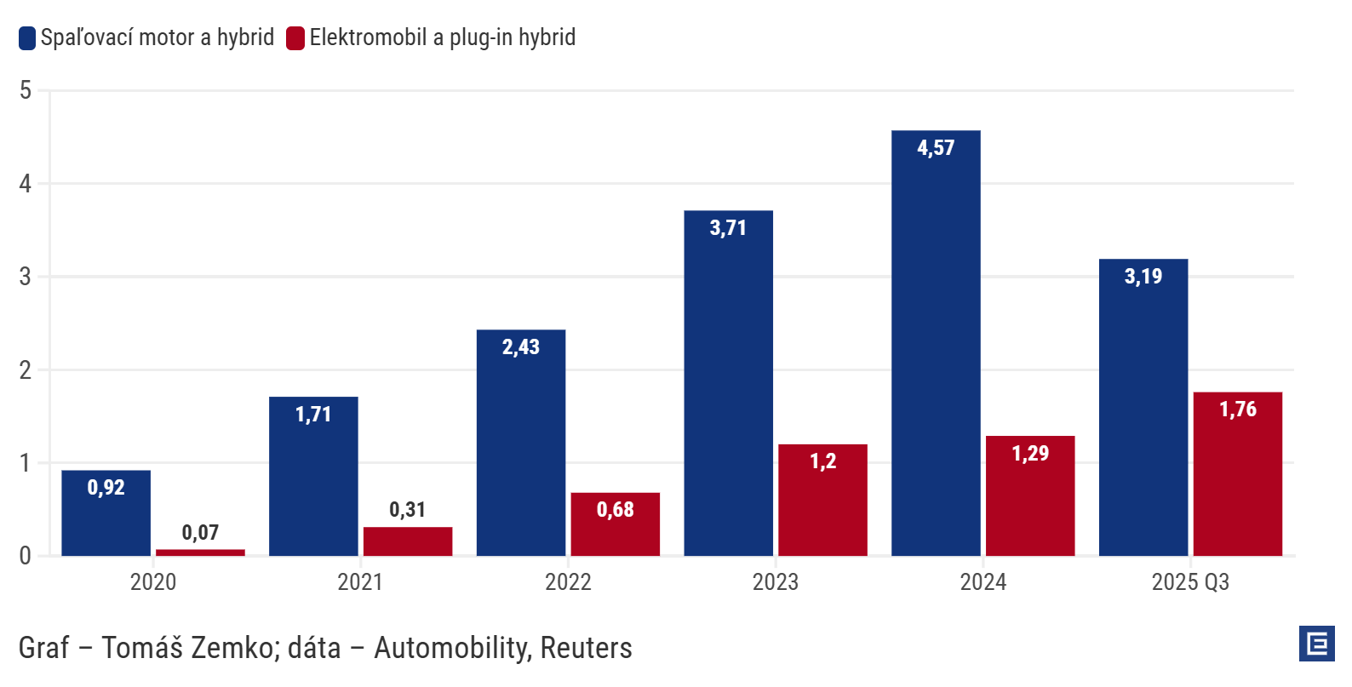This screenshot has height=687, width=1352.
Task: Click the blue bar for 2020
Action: [x=106, y=519]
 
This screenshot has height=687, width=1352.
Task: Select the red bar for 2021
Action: [x=408, y=541]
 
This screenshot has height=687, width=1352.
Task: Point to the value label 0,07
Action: [x=200, y=533]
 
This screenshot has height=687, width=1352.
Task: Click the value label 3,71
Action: [x=728, y=228]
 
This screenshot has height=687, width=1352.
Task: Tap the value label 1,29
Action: [x=1030, y=454]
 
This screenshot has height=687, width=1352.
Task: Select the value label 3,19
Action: [x=1143, y=277]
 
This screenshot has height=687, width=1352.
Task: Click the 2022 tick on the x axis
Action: [x=568, y=582]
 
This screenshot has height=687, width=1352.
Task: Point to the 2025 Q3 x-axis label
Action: [x=1190, y=582]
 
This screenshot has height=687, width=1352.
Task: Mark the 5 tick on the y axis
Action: [x=26, y=90]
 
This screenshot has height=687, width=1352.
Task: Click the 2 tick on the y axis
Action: [x=26, y=370]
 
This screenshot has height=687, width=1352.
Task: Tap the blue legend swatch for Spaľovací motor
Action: [x=27, y=38]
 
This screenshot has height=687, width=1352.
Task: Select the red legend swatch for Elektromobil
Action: [x=295, y=38]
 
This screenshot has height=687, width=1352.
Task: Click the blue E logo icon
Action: [x=1317, y=644]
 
